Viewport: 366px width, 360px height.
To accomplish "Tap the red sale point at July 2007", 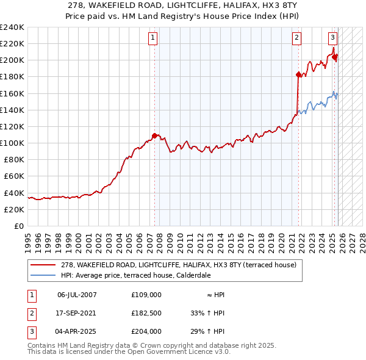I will [x=155, y=135].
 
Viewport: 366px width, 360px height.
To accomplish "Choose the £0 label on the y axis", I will [x=20, y=226].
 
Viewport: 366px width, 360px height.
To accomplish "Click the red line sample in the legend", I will [x=44, y=265].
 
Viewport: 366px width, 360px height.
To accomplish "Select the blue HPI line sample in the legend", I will [x=44, y=275].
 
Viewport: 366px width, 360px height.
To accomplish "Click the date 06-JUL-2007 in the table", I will [x=77, y=295].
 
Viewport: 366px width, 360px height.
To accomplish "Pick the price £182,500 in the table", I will [x=146, y=313].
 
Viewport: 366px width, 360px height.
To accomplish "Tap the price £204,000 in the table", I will [x=146, y=331].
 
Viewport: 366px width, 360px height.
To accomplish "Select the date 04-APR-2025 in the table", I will [x=77, y=331].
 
